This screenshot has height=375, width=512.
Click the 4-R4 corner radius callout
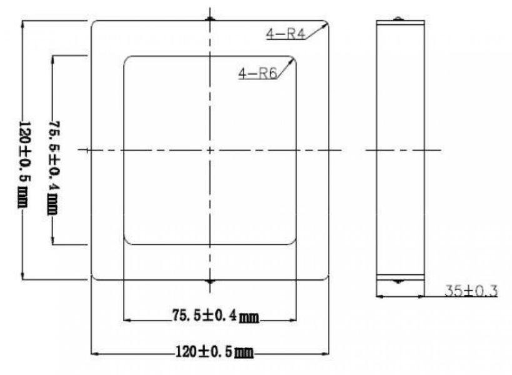[x=286, y=34]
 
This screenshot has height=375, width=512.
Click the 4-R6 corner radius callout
[x=258, y=74]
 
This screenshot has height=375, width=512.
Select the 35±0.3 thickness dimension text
[x=471, y=291]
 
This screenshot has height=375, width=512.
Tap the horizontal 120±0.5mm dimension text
[x=215, y=352]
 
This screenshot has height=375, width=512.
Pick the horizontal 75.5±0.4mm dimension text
[x=216, y=316]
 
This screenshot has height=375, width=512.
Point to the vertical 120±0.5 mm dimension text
[x=24, y=165]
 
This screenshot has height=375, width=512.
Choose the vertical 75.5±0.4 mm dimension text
[x=54, y=167]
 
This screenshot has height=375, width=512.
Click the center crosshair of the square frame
[x=210, y=150]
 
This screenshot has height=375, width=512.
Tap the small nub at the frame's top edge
[x=210, y=19]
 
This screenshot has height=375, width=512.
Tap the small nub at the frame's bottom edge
[x=210, y=281]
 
